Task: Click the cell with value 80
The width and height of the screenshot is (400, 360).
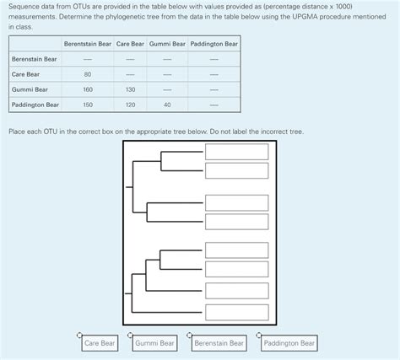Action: coord(88,74)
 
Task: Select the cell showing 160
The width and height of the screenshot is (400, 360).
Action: coord(88,89)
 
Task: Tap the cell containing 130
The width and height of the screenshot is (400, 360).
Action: coord(130,89)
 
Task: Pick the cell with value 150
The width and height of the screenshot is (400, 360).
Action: coord(88,105)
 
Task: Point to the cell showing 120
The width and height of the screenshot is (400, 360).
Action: coord(130,105)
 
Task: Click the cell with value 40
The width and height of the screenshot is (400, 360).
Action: coord(167,105)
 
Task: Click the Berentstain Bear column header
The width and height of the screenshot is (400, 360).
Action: coord(88,44)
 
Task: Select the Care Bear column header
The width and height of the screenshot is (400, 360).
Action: coord(130,44)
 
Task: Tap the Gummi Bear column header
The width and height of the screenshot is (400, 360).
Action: coord(167,44)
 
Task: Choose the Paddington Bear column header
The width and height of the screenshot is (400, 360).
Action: coord(214,44)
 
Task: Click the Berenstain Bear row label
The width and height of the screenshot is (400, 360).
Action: coord(35,59)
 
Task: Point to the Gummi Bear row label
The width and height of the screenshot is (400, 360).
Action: coord(30,89)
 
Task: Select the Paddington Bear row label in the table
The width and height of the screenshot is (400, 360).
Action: coord(35,105)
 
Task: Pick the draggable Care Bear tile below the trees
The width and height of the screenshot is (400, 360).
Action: coord(100,343)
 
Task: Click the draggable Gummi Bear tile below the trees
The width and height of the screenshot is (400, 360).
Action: coord(154,343)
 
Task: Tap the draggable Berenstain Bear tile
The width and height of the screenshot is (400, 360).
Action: coord(219,343)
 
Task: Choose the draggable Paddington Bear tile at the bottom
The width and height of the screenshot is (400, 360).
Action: coord(289,343)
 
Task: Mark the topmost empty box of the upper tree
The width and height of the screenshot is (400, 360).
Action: coord(238,152)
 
